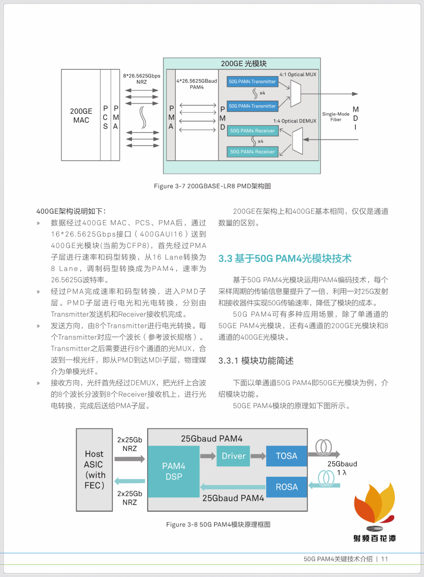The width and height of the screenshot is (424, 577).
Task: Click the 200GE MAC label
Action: [81, 116]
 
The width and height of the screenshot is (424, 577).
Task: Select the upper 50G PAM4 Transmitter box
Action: [252, 82]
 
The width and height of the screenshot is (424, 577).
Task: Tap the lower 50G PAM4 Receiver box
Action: [252, 152]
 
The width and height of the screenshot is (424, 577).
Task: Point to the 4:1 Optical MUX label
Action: [298, 74]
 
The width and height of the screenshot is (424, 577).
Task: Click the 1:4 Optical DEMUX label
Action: [294, 121]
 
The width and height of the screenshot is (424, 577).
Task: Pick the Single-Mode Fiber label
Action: [336, 117]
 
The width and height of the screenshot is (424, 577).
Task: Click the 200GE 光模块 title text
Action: [243, 64]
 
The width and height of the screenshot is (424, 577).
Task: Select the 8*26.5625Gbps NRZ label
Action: [142, 79]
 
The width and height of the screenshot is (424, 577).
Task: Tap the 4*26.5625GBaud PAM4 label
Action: [197, 84]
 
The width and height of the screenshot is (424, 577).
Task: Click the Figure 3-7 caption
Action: [212, 186]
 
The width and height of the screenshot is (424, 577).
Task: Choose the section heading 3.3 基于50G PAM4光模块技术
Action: [285, 258]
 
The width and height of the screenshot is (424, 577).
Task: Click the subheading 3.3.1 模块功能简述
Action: [256, 361]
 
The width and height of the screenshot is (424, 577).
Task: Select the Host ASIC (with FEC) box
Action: [94, 470]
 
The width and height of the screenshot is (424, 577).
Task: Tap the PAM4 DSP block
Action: [174, 471]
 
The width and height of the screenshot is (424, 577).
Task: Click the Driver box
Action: [233, 456]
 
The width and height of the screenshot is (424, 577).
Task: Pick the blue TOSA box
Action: [287, 456]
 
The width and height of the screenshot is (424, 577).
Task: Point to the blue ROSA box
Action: [287, 487]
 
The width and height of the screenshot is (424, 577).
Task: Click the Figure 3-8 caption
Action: [218, 524]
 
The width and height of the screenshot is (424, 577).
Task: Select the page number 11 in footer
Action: [384, 559]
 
